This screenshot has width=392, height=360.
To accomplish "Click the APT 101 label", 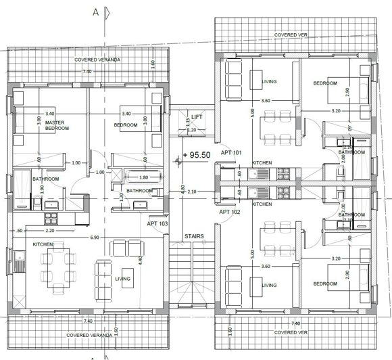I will (x=230, y=153).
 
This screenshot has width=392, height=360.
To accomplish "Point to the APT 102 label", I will (x=230, y=212).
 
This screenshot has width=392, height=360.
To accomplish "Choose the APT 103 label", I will (x=157, y=222).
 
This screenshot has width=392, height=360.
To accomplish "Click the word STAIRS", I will (x=195, y=237).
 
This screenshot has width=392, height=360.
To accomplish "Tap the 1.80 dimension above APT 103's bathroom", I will (x=143, y=178).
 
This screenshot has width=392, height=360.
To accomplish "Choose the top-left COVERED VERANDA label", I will (x=97, y=60).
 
